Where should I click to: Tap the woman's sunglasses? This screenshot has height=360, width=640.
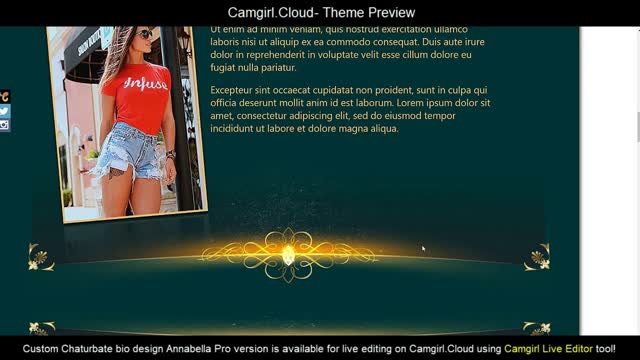tap(144, 34)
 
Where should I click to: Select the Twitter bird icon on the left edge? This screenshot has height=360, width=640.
tap(4, 111)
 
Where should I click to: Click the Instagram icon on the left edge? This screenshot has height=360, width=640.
tap(4, 125)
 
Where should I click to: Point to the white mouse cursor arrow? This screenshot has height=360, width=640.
tap(423, 249)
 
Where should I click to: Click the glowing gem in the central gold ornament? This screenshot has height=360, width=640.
tap(289, 257)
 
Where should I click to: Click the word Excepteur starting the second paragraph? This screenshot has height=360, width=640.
tap(235, 90)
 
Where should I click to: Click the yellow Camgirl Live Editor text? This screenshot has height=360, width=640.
tap(548, 349)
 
